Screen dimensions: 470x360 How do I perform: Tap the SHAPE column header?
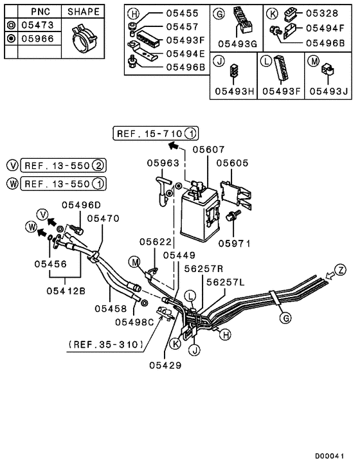pos(84,12)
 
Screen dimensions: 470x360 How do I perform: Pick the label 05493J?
pos(328,91)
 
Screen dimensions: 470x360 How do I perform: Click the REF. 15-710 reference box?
pos(156,134)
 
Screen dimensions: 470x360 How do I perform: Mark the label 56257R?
pos(204,269)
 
